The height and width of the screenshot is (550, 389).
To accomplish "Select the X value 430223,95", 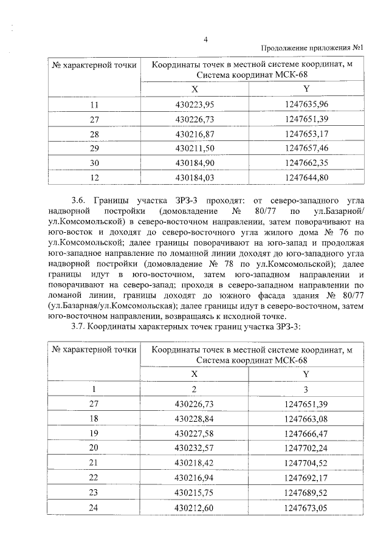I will pos(194,105).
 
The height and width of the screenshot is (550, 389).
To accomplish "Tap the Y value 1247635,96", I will pos(306,105).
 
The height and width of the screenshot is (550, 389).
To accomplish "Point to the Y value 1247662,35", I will pos(306,163).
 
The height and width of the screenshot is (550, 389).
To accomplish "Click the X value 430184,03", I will pos(194,177).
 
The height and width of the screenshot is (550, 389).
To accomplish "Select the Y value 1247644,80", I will pos(306,177).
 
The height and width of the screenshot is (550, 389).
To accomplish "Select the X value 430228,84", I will pos(194,418).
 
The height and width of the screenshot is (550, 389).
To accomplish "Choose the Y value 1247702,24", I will pos(306,447).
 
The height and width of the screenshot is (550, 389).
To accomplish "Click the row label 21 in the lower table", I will pos(94,462).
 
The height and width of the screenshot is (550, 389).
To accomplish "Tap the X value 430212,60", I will pos(194,507).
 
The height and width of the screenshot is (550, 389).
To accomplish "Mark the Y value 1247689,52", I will pos(306,492).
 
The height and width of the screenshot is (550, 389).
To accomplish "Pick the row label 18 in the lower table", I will pos(94,418).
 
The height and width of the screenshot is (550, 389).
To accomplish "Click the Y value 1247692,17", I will pos(306,478).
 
